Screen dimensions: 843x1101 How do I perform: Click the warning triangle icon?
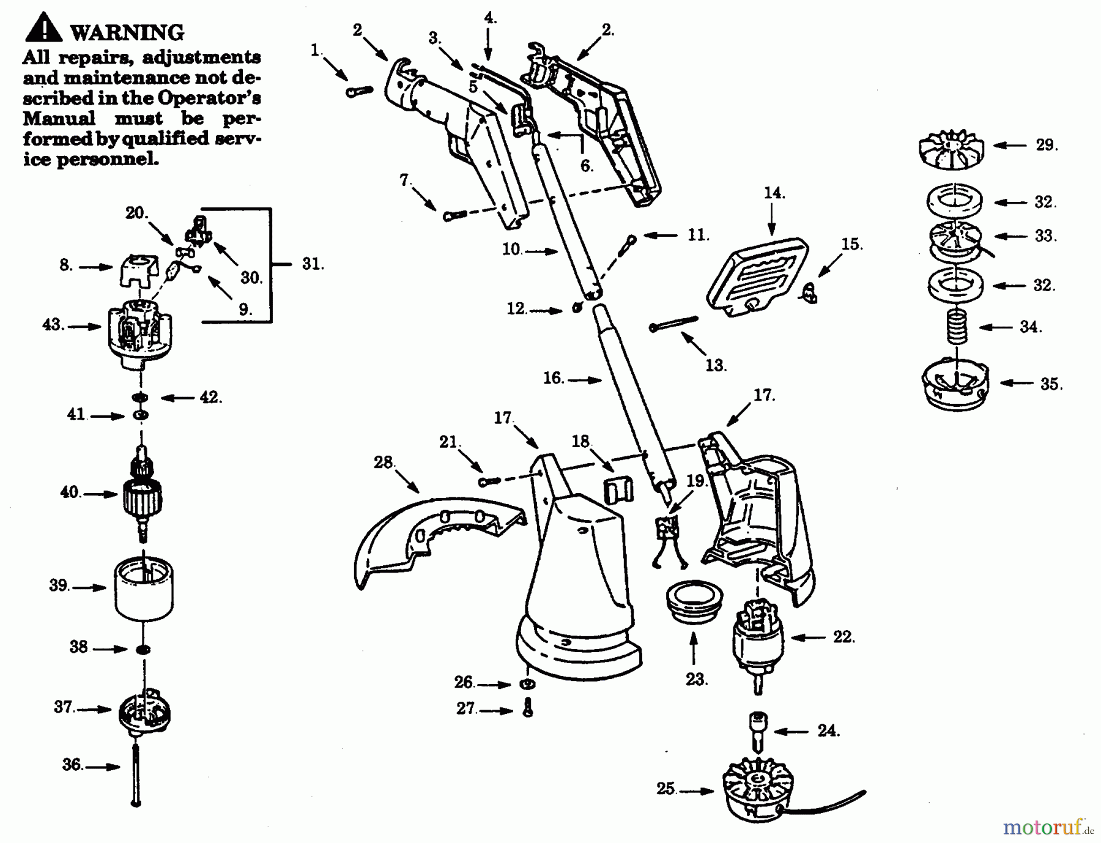coord(43,27)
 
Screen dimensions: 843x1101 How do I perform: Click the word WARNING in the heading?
coord(127,32)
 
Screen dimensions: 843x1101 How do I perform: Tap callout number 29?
coord(1047,145)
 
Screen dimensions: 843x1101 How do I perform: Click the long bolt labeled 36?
coord(135,774)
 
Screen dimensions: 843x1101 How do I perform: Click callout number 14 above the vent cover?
coord(774,193)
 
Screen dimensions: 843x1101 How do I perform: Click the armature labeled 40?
coord(142,494)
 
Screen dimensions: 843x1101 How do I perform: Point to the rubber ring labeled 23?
coord(694,601)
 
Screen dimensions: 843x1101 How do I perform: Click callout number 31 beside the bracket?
coord(313,264)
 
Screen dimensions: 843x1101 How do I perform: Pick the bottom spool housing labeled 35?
coord(954,385)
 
